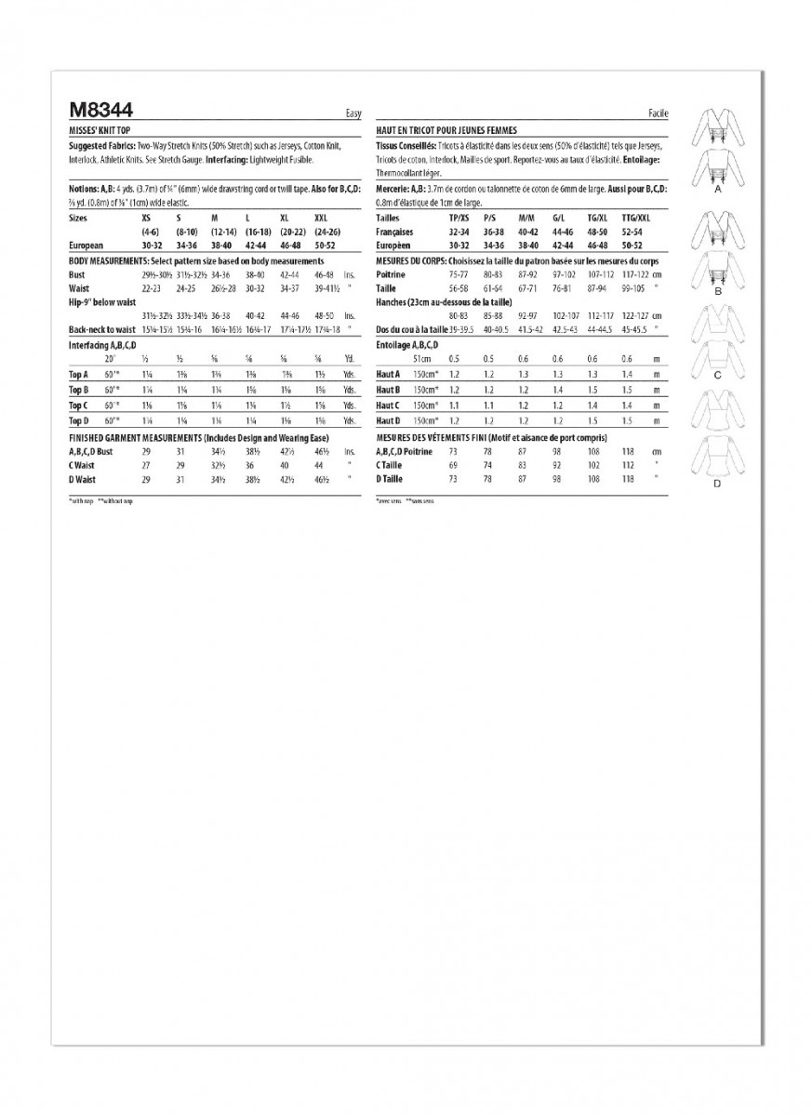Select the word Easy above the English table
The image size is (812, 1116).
353,113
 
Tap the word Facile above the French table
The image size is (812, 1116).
658,113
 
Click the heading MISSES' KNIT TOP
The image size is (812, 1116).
100,131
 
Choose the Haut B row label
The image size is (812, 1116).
388,390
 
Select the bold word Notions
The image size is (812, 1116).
84,187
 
